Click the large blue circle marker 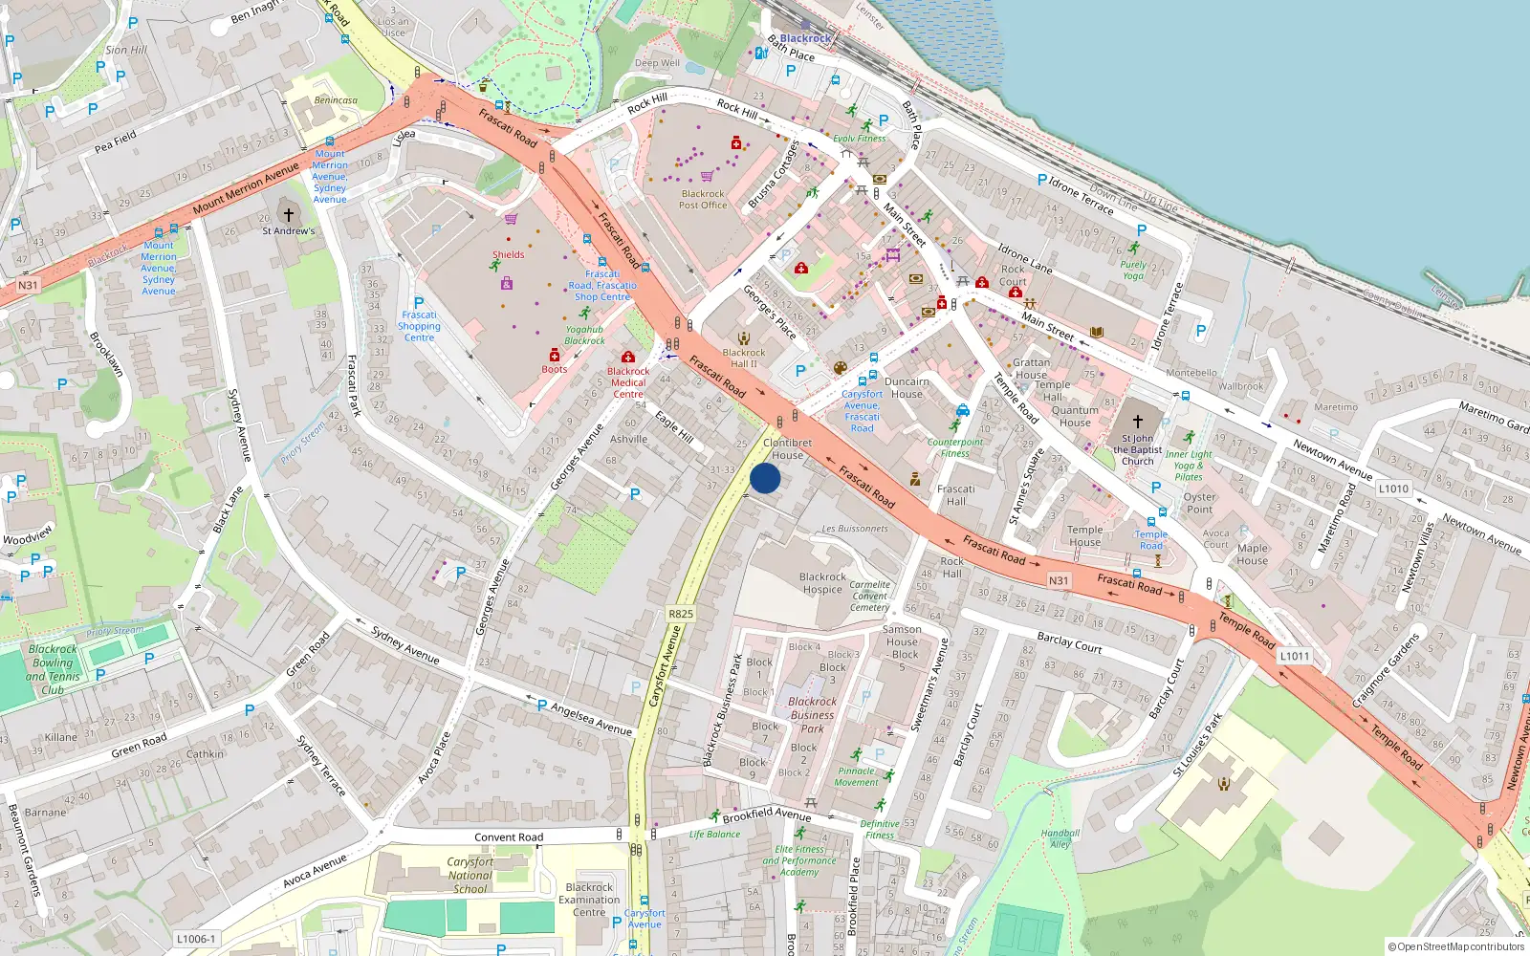(x=765, y=478)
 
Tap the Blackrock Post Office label (x=703, y=199)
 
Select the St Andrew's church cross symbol (x=288, y=215)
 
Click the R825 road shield (x=681, y=614)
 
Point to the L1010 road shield (x=1393, y=489)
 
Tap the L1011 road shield (x=1295, y=656)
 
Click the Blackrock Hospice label (x=822, y=583)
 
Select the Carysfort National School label (x=470, y=875)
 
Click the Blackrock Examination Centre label (x=589, y=900)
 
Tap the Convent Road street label (x=509, y=837)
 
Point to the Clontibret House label (x=788, y=448)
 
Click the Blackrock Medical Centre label (x=628, y=382)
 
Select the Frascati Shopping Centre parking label (x=419, y=325)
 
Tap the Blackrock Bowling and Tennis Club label (x=53, y=669)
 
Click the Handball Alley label (x=1060, y=838)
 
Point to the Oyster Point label (x=1199, y=503)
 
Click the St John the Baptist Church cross (x=1138, y=421)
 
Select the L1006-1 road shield (x=196, y=939)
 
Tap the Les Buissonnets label (x=855, y=529)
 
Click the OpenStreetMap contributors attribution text (x=1456, y=946)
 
